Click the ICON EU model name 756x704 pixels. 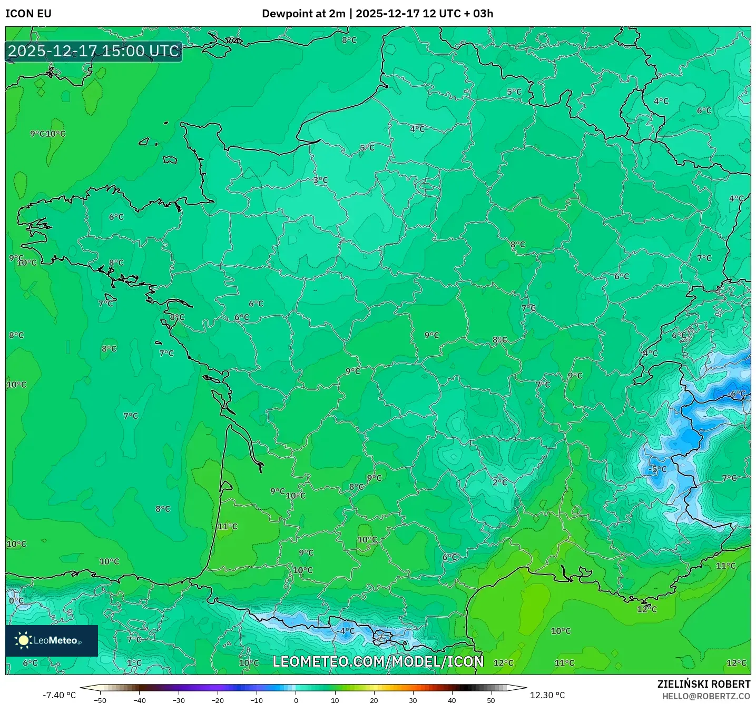click(x=28, y=14)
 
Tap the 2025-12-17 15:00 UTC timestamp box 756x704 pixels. click(x=94, y=52)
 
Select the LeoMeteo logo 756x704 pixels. click(x=52, y=640)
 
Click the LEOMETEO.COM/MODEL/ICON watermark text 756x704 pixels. click(x=378, y=661)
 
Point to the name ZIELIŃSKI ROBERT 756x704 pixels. click(x=703, y=684)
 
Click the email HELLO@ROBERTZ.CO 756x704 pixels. click(x=706, y=696)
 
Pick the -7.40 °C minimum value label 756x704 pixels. click(x=59, y=695)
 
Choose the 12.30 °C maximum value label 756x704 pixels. click(x=547, y=695)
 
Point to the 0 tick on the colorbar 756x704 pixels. click(x=296, y=700)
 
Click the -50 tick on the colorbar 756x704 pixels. click(x=100, y=700)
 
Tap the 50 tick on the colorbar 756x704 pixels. click(x=491, y=700)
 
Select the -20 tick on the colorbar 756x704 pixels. click(x=218, y=700)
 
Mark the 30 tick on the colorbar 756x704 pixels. click(x=413, y=700)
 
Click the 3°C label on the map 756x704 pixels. click(x=320, y=180)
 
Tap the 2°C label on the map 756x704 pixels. click(x=499, y=482)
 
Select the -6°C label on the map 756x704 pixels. click(x=737, y=394)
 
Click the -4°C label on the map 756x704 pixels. click(x=346, y=631)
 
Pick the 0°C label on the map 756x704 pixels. click(x=16, y=600)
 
